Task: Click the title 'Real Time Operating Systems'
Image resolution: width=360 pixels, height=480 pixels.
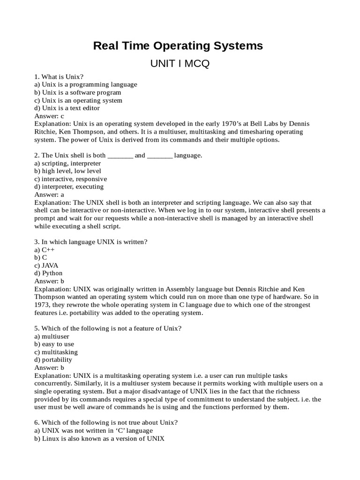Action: pyautogui.click(x=178, y=46)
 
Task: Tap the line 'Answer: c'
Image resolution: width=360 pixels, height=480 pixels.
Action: pyautogui.click(x=49, y=116)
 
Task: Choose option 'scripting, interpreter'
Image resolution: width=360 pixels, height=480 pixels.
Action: pyautogui.click(x=67, y=163)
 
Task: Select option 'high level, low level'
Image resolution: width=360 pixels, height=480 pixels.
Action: pyautogui.click(x=67, y=171)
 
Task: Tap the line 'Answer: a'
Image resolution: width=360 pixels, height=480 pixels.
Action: pyautogui.click(x=49, y=195)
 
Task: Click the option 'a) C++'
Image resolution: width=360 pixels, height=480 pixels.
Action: pyautogui.click(x=45, y=250)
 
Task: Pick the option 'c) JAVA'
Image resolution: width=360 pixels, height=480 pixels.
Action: pyautogui.click(x=46, y=265)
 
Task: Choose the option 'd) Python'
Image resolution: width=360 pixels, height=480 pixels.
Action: pyautogui.click(x=48, y=273)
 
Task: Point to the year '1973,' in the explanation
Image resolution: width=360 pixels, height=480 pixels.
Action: pyautogui.click(x=43, y=305)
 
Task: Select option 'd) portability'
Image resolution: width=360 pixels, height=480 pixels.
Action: pyautogui.click(x=53, y=360)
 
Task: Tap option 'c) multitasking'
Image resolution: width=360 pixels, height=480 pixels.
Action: pyautogui.click(x=56, y=352)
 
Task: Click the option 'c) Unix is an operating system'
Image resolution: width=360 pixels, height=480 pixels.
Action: pyautogui.click(x=78, y=100)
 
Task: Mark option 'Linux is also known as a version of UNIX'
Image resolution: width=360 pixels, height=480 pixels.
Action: pyautogui.click(x=99, y=439)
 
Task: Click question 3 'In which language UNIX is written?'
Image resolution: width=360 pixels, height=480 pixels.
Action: pyautogui.click(x=91, y=242)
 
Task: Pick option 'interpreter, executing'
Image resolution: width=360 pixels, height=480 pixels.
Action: pyautogui.click(x=69, y=187)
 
